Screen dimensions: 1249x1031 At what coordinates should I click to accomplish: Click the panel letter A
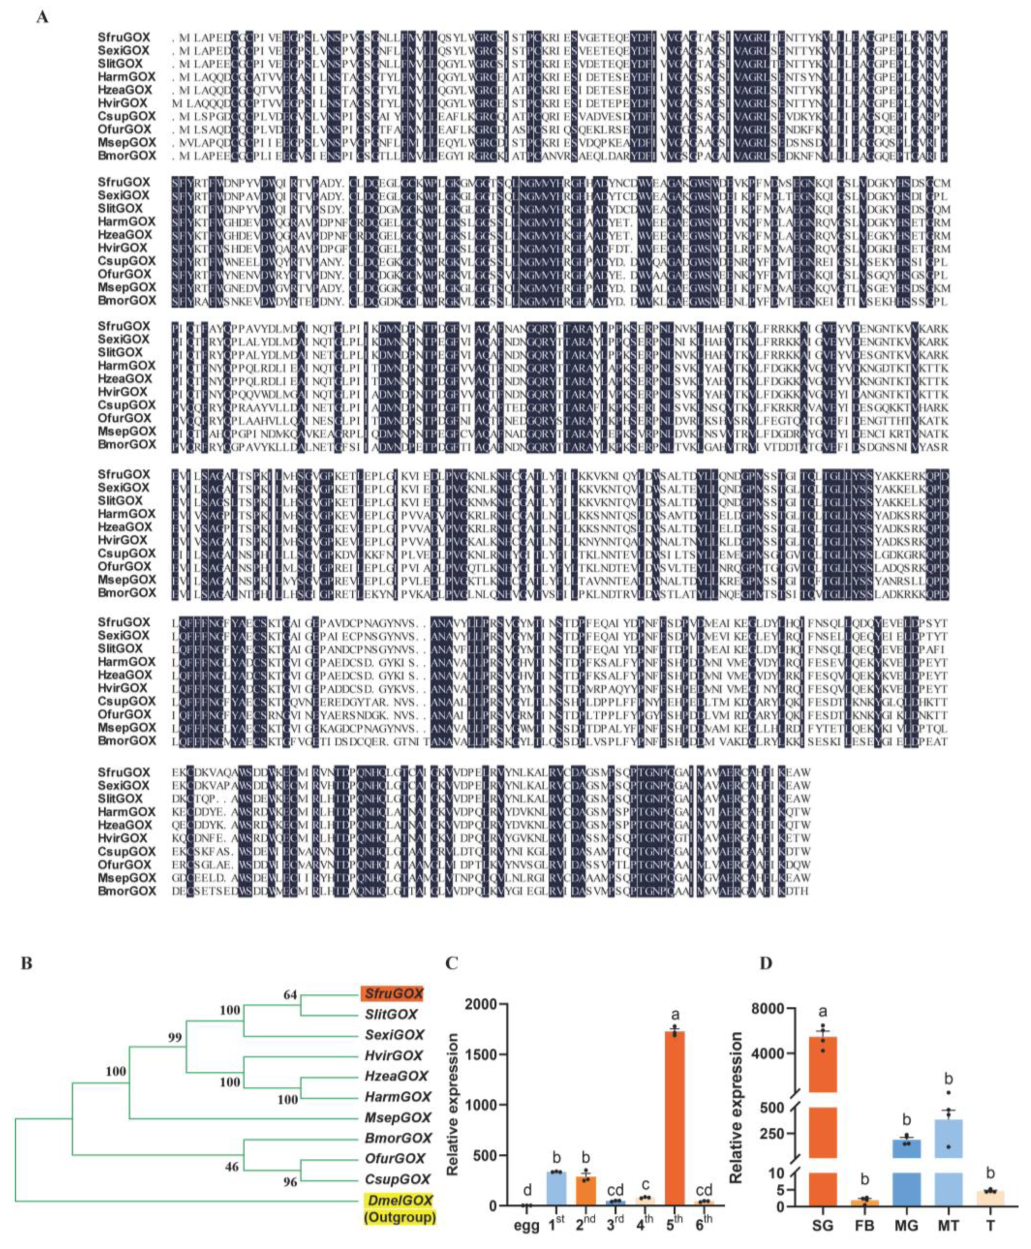(x=42, y=17)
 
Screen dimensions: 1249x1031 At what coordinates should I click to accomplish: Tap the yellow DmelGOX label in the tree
(x=399, y=1200)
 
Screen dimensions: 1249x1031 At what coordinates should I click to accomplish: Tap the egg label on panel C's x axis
(x=526, y=1225)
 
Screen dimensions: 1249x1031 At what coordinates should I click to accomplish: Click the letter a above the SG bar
(x=823, y=1013)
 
